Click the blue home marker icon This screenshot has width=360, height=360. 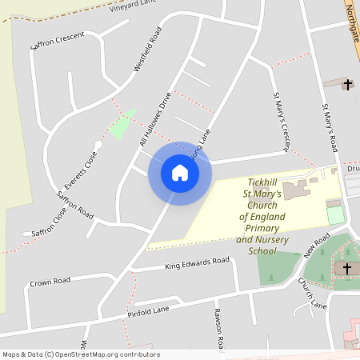pyautogui.click(x=179, y=173)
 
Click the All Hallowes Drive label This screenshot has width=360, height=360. pyautogui.click(x=155, y=120)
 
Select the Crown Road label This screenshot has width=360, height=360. pyautogui.click(x=50, y=282)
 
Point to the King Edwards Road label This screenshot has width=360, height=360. pyautogui.click(x=197, y=262)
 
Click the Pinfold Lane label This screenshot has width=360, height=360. pyautogui.click(x=150, y=311)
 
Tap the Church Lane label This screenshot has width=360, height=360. pyautogui.click(x=313, y=294)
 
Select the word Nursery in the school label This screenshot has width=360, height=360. pyautogui.click(x=272, y=239)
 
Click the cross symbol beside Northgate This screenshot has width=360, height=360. pyautogui.click(x=348, y=84)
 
